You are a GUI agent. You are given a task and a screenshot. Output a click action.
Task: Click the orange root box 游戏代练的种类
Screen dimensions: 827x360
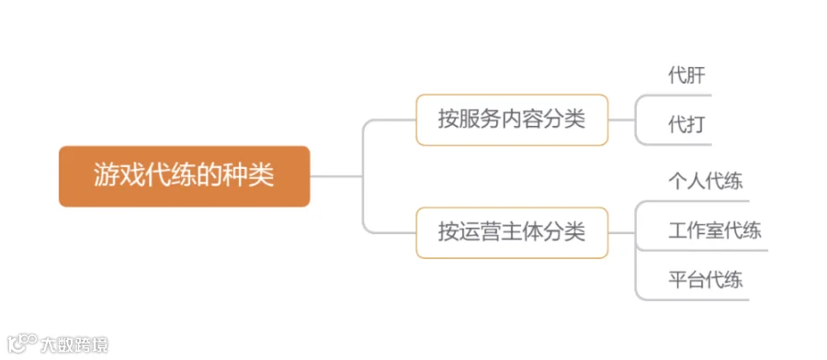point(184,176)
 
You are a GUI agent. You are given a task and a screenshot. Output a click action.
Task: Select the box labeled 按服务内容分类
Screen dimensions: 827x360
point(512,119)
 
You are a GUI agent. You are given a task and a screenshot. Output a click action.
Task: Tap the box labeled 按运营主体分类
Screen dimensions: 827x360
point(512,232)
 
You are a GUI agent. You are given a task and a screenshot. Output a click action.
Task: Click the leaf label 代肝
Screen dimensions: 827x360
point(686,76)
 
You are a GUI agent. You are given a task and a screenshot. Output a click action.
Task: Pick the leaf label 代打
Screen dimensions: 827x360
point(686,125)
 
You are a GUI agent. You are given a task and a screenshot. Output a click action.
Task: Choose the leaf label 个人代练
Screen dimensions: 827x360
point(706,181)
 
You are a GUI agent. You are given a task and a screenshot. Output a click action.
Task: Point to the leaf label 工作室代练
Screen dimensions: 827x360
point(715,231)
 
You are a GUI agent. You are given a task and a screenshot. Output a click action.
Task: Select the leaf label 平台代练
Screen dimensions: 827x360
point(706,280)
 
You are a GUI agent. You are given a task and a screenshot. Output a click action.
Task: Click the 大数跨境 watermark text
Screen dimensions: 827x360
point(74,345)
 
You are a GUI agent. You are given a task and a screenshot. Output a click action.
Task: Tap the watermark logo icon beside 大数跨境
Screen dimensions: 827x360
point(22,344)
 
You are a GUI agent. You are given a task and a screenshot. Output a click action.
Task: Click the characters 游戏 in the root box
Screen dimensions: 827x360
point(112,175)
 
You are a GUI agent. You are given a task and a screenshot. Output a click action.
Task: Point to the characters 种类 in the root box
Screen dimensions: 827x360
point(255,175)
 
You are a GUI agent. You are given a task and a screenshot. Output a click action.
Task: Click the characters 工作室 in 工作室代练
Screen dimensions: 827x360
point(697,231)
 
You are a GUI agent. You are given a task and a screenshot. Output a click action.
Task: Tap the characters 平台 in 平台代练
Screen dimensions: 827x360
point(686,280)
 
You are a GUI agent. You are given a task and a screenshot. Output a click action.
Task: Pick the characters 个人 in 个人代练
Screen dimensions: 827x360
point(686,181)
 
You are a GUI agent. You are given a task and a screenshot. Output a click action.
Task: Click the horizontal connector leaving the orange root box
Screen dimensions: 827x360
point(336,176)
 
